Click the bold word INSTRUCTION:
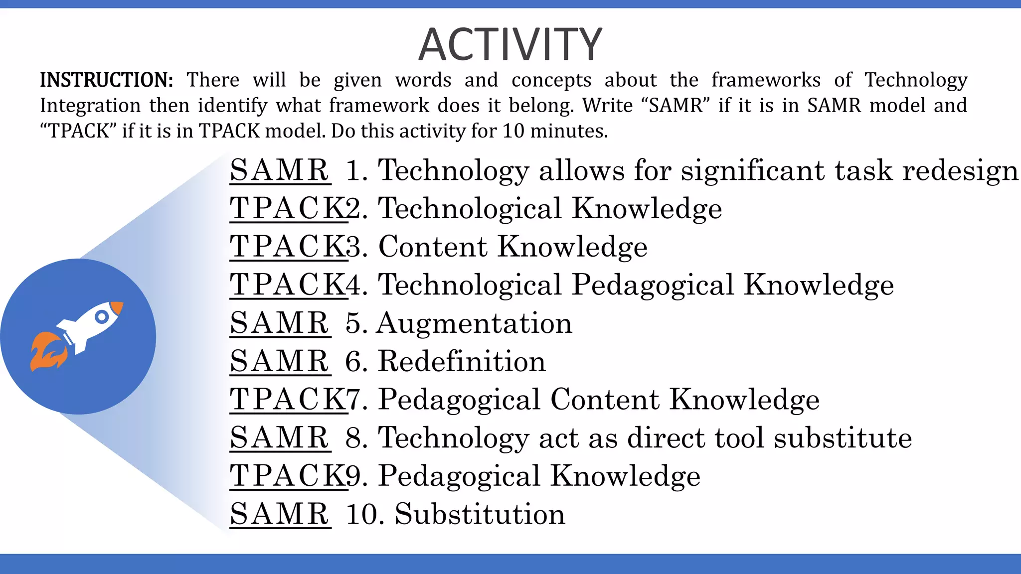[x=106, y=80]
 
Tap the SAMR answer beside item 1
[x=279, y=170]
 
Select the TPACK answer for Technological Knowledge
[x=288, y=208]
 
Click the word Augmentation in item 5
[x=474, y=323]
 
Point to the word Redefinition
[x=462, y=361]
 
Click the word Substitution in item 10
[x=480, y=514]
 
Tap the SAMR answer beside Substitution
[x=279, y=514]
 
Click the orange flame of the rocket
[x=47, y=352]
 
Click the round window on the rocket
[x=102, y=317]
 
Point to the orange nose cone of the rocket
[x=117, y=307]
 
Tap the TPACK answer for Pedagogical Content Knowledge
[x=288, y=400]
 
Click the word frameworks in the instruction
[x=766, y=80]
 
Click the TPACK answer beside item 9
[x=288, y=476]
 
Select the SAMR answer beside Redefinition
[x=279, y=361]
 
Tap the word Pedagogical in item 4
[x=653, y=285]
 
